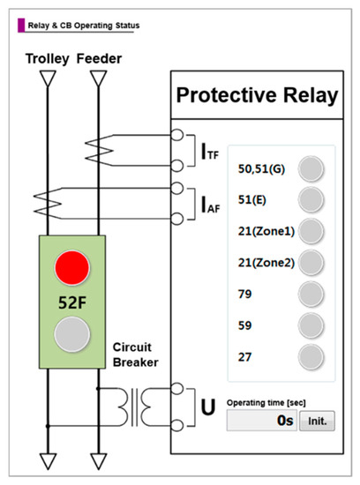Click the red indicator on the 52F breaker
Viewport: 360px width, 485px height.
[71, 267]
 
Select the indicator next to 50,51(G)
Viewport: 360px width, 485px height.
[309, 168]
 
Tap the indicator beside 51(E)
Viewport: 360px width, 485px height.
[309, 199]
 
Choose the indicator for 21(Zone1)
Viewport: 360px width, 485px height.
[309, 231]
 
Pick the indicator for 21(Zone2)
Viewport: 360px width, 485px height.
[309, 262]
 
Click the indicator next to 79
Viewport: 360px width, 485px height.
[309, 294]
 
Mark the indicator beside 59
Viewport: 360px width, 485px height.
[309, 325]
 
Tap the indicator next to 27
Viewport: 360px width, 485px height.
[309, 357]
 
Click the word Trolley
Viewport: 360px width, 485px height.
[42, 58]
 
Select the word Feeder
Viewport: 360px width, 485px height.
[99, 58]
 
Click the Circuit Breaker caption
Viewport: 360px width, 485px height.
[134, 354]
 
